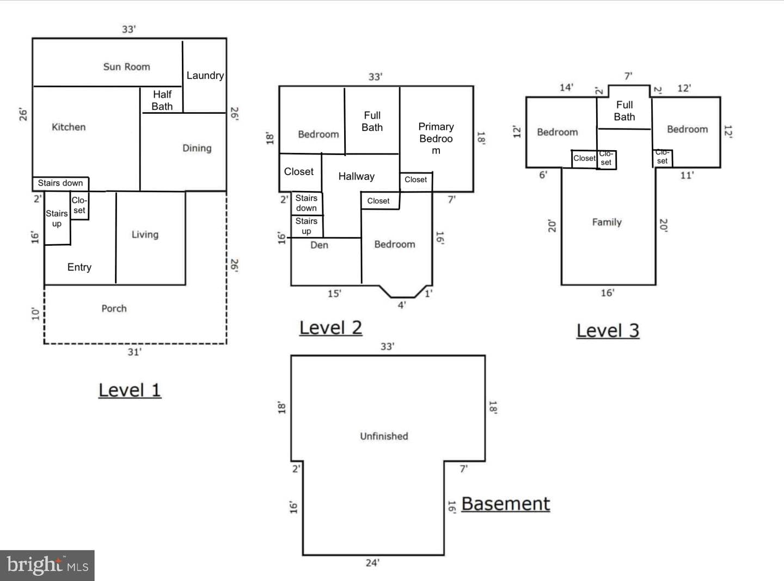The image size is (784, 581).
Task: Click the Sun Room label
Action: click(x=126, y=67)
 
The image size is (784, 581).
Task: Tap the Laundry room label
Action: click(x=205, y=76)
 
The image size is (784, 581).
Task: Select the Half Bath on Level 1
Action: click(x=162, y=100)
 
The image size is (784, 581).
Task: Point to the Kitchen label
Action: click(x=69, y=127)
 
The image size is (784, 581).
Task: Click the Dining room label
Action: click(x=197, y=148)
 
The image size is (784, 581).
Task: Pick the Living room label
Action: click(x=145, y=234)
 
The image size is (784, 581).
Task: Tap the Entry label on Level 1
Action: click(x=79, y=267)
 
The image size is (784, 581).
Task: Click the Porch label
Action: click(x=114, y=308)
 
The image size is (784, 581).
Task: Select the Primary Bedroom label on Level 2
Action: click(x=436, y=139)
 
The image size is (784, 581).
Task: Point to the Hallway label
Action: click(x=356, y=176)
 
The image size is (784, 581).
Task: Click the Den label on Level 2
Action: click(x=319, y=245)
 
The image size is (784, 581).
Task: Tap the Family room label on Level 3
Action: click(x=607, y=222)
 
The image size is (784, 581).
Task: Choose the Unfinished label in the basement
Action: click(x=384, y=436)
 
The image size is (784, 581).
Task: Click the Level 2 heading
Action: click(x=330, y=328)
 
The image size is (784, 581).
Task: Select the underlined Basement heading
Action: click(x=505, y=504)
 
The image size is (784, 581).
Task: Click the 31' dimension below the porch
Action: click(x=134, y=352)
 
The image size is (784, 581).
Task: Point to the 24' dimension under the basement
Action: click(x=372, y=563)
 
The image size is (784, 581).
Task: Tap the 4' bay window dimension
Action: click(x=402, y=305)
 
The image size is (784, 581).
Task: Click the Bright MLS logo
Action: click(x=47, y=565)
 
